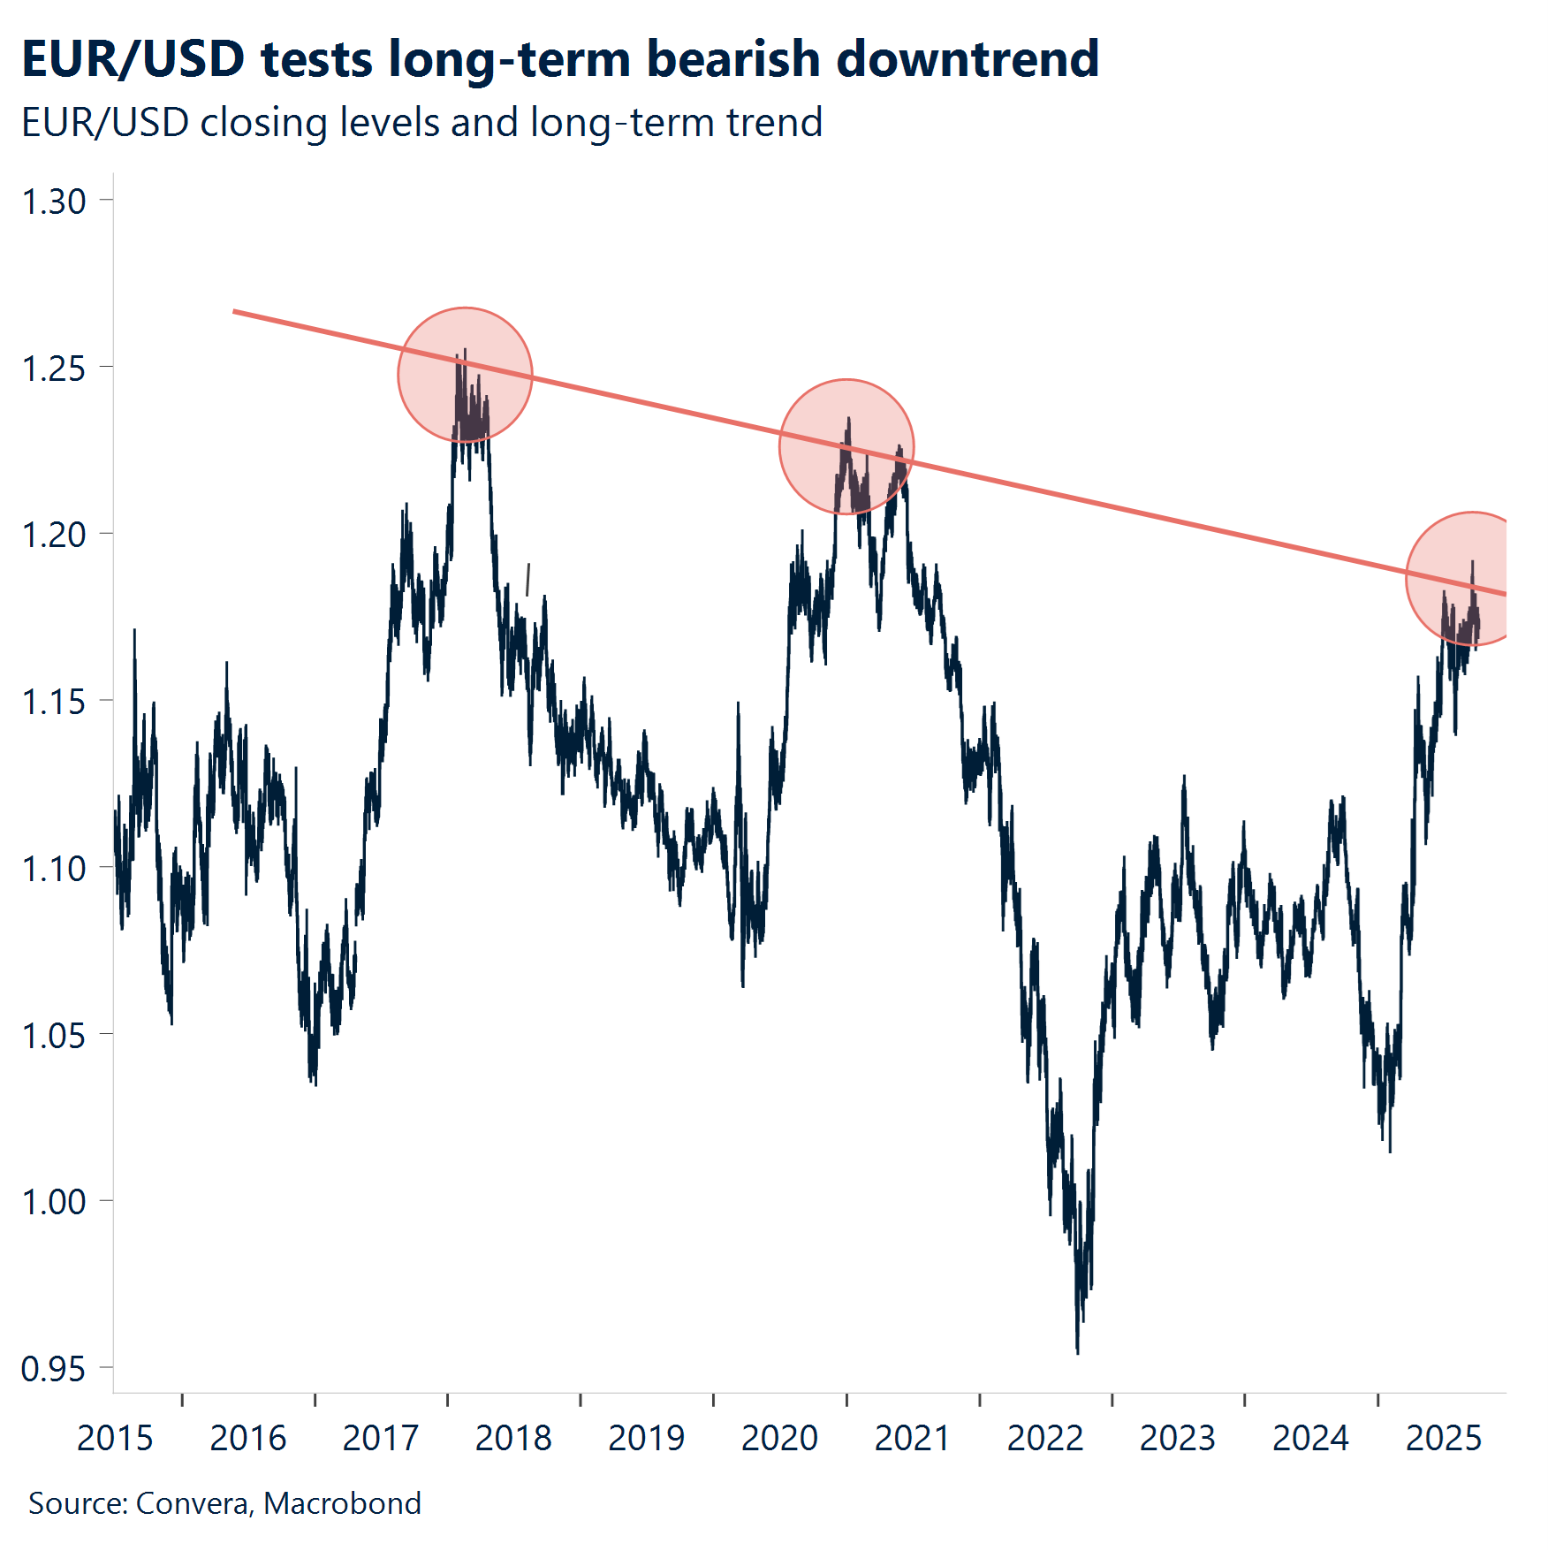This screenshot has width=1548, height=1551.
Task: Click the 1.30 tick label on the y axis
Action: pos(54,201)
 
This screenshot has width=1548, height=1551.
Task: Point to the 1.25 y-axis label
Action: pos(54,369)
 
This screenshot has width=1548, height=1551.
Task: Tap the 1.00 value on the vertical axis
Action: pos(54,1202)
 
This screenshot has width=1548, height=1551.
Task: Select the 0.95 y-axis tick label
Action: pos(54,1369)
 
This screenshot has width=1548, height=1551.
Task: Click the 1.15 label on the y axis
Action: pos(54,702)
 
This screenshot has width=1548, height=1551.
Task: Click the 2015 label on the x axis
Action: pos(115,1439)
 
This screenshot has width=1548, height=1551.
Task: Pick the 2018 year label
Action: pos(513,1439)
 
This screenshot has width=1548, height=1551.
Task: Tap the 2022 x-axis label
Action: pos(1045,1439)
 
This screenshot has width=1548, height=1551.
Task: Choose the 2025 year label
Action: pos(1444,1439)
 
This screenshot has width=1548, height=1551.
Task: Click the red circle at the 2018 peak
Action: pos(465,375)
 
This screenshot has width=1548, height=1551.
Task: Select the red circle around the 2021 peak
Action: pos(846,446)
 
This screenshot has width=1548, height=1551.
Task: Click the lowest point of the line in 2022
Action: pos(1077,1352)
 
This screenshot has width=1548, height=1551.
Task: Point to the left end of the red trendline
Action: pos(235,311)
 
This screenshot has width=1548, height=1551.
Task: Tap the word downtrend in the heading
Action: pos(967,60)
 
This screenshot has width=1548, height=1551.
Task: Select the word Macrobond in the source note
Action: pos(342,1503)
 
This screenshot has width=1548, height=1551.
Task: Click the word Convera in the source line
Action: pos(193,1503)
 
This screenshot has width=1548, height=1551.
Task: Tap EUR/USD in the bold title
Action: pos(133,60)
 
